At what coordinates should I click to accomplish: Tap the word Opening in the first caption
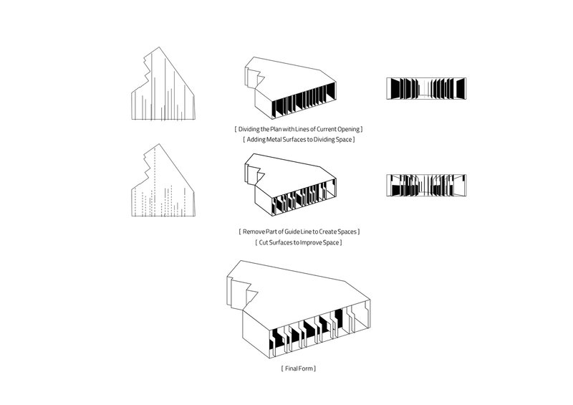347,128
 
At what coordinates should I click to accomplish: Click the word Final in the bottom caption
292,368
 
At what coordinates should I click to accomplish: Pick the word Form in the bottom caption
307,368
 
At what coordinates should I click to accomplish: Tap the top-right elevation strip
427,87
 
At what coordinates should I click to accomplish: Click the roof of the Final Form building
301,290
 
